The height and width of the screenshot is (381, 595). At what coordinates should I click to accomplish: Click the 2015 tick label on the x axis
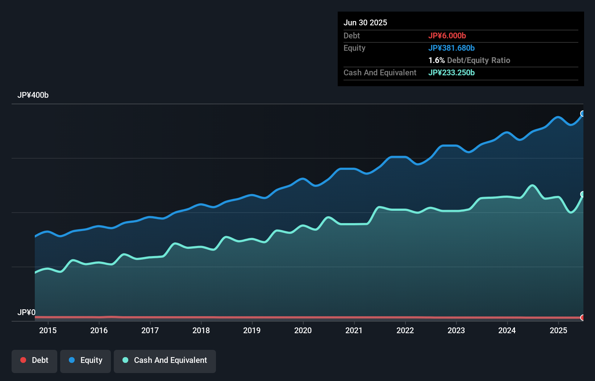click(x=48, y=330)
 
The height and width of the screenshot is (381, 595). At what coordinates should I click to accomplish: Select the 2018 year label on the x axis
click(x=201, y=330)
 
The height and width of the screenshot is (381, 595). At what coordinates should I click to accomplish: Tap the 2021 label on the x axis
click(x=354, y=330)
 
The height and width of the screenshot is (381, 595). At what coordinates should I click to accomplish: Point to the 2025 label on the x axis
click(x=558, y=330)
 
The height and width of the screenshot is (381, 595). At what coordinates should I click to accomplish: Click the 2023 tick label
click(x=456, y=330)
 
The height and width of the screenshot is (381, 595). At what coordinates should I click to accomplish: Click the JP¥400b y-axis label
click(x=33, y=95)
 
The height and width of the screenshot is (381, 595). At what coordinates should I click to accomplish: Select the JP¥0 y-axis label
click(x=26, y=312)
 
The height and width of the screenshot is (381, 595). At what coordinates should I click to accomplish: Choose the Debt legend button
click(x=34, y=360)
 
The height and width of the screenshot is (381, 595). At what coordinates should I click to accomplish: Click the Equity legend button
click(x=86, y=360)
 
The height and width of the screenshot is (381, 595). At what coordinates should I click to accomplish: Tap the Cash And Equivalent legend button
click(x=165, y=360)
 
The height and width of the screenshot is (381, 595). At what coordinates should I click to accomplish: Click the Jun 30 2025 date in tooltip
click(x=365, y=22)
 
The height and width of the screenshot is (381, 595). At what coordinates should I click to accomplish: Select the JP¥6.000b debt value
click(x=447, y=35)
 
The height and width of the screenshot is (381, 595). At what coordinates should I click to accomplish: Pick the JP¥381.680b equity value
click(x=452, y=48)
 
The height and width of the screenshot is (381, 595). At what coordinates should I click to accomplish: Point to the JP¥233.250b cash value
click(x=452, y=72)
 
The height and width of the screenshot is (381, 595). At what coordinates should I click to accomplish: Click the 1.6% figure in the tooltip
click(x=436, y=60)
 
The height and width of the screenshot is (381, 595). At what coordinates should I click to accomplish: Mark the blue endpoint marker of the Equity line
click(x=583, y=114)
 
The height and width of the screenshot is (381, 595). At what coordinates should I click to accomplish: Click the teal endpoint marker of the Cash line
click(x=583, y=194)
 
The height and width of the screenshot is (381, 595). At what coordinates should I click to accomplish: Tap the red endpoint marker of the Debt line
click(x=583, y=318)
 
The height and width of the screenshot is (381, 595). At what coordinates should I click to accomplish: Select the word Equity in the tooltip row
click(x=354, y=48)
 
